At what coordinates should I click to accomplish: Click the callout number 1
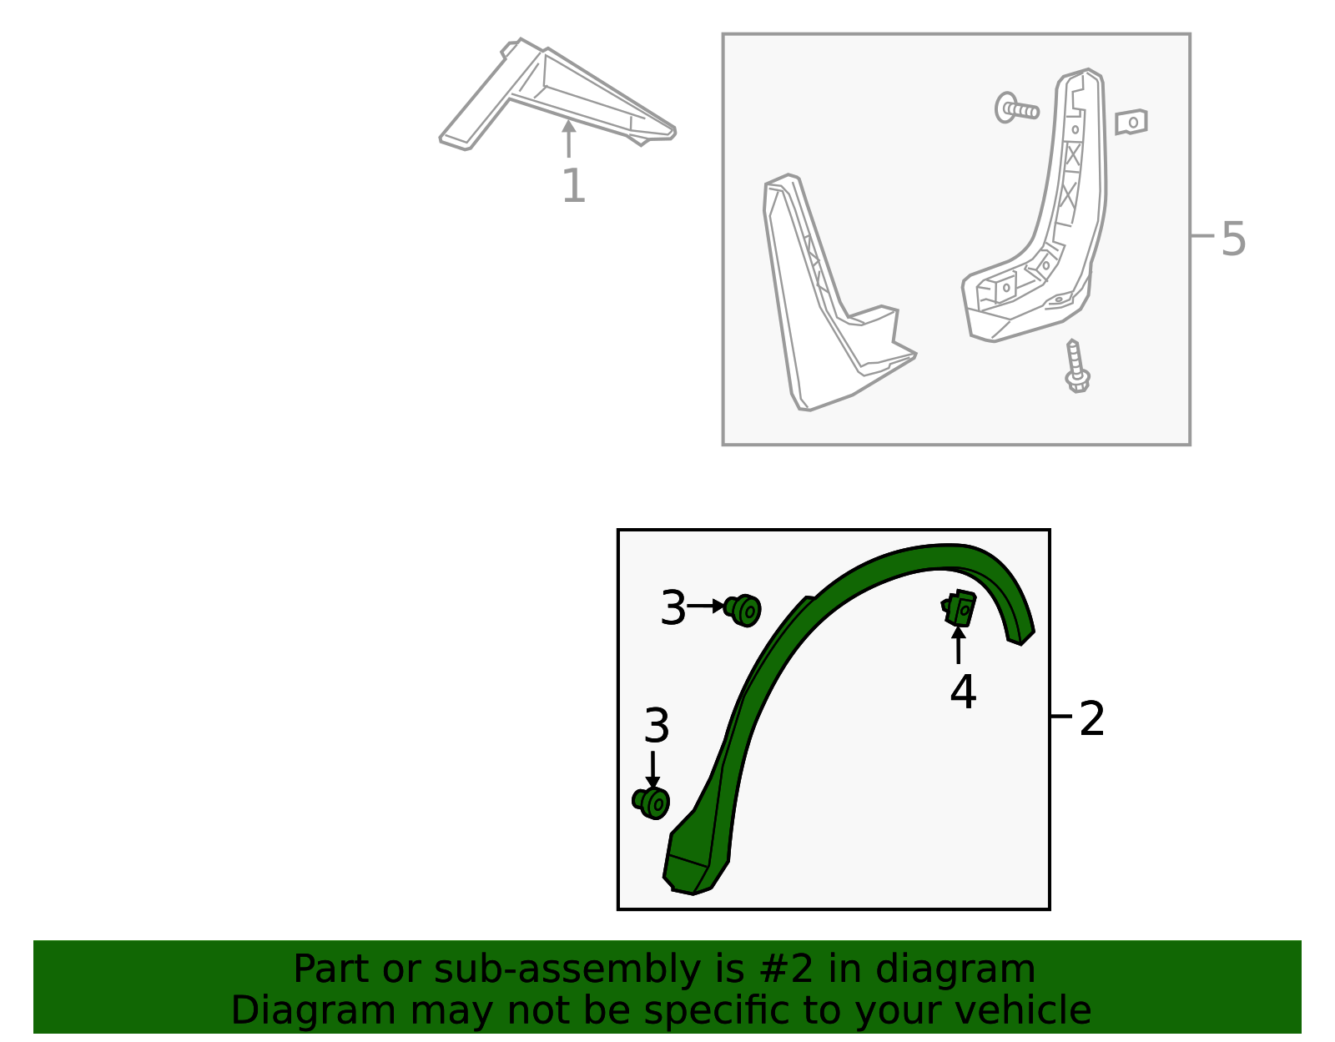pyautogui.click(x=573, y=186)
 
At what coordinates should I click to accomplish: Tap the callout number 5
pyautogui.click(x=1232, y=239)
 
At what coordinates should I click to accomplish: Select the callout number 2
pyautogui.click(x=1091, y=719)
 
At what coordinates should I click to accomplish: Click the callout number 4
pyautogui.click(x=963, y=692)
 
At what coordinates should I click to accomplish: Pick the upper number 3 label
pyautogui.click(x=673, y=607)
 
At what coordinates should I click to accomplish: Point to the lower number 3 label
pyautogui.click(x=657, y=726)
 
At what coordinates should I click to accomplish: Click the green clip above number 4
pyautogui.click(x=960, y=607)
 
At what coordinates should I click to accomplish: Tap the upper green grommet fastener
pyautogui.click(x=743, y=610)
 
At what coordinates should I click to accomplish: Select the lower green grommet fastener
pyautogui.click(x=652, y=803)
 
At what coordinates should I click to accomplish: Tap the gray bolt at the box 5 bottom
pyautogui.click(x=1076, y=367)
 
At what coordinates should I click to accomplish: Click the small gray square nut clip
pyautogui.click(x=1131, y=122)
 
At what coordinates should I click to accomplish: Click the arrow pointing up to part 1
pyautogui.click(x=568, y=138)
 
